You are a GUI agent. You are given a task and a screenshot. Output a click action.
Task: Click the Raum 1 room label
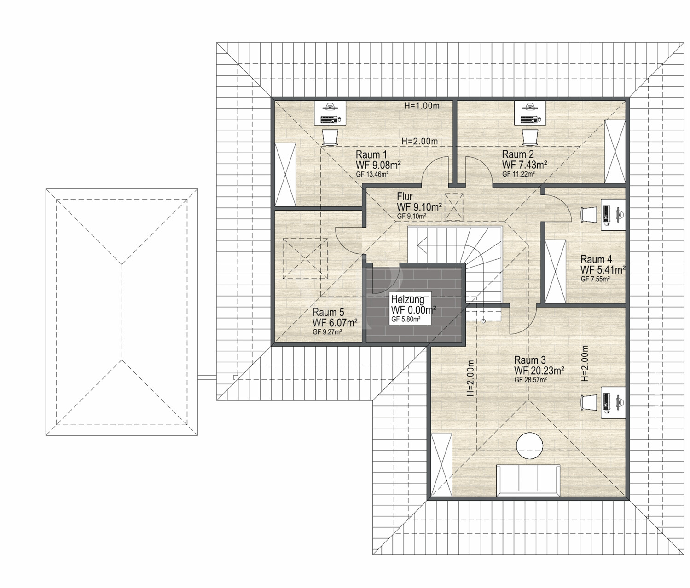point(371,154)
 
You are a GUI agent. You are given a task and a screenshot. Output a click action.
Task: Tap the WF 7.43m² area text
point(524,165)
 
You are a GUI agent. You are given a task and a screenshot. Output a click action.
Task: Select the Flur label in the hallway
point(405,196)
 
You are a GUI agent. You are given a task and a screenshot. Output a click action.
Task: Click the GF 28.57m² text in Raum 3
point(530,380)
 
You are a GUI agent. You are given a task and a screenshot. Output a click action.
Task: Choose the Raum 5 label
point(328,312)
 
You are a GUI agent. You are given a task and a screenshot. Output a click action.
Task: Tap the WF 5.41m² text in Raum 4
point(603,270)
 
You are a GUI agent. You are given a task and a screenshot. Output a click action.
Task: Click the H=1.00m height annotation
point(422,106)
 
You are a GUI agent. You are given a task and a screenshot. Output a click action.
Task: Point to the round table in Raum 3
point(529,445)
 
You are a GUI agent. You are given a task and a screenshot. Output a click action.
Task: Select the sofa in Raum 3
point(528,480)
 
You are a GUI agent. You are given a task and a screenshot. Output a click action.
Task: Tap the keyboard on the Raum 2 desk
point(529,119)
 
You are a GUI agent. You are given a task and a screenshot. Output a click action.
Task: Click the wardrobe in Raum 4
point(556,271)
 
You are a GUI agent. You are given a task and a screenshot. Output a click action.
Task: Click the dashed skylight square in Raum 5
point(305,258)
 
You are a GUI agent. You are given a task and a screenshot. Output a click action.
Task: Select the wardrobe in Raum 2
point(615,151)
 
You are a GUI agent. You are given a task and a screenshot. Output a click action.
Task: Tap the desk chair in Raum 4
point(589,214)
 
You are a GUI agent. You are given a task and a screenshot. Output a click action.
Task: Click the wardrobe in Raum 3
point(441,464)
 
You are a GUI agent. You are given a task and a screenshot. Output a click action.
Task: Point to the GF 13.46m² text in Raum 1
point(372,174)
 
